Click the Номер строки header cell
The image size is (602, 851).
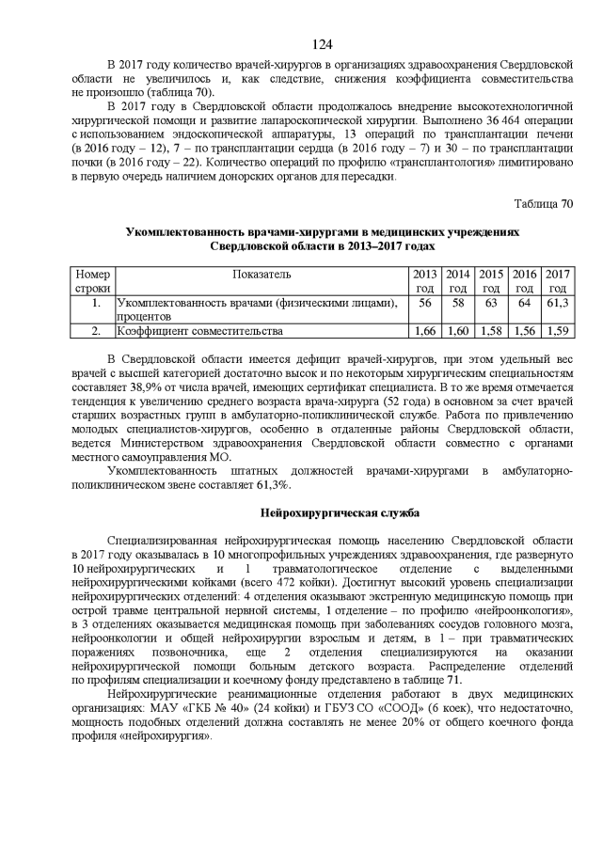(x=92, y=281)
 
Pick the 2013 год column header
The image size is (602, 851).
(x=424, y=281)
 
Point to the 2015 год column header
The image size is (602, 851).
(x=491, y=281)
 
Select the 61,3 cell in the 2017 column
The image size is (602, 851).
(x=558, y=303)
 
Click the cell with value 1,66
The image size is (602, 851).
(x=424, y=331)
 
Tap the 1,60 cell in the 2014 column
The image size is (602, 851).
(x=457, y=331)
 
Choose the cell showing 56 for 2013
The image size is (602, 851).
(x=424, y=303)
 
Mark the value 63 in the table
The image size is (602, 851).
(x=491, y=303)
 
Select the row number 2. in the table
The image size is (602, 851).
(x=95, y=331)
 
